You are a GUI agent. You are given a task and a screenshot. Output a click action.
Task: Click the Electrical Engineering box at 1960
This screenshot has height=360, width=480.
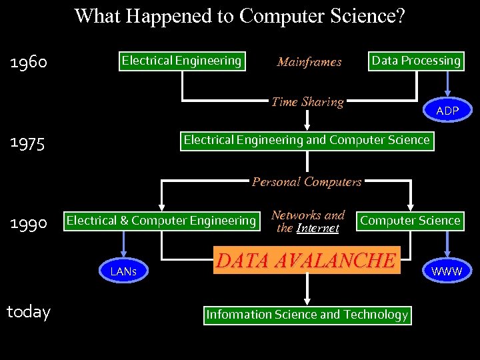[181, 61]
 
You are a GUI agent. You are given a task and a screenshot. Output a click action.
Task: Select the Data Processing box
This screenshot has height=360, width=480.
[416, 61]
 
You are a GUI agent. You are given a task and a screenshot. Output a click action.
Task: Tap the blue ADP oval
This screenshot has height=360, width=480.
[447, 111]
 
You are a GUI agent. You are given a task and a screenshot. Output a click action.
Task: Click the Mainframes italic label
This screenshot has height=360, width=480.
[309, 62]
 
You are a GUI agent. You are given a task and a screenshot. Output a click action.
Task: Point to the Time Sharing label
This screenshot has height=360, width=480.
[307, 102]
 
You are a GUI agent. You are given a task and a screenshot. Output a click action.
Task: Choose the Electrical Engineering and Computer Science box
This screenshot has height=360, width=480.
[307, 140]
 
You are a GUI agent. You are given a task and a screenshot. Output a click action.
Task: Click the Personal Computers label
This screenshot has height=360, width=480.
[307, 181]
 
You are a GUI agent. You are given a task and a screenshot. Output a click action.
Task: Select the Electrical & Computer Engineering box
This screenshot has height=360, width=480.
[161, 221]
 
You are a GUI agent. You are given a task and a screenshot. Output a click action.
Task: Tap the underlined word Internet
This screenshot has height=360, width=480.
[317, 229]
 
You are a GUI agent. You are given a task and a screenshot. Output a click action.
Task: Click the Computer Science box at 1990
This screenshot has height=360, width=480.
[410, 221]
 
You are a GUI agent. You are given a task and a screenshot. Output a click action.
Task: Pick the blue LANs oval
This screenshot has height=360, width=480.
[123, 271]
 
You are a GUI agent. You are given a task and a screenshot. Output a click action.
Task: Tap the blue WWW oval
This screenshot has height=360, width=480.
[447, 271]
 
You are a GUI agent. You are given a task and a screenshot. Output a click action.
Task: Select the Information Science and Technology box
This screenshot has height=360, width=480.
[307, 315]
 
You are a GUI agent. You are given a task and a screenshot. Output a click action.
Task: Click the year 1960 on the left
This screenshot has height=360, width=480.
[29, 63]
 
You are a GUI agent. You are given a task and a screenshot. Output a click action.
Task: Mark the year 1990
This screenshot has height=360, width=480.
[29, 223]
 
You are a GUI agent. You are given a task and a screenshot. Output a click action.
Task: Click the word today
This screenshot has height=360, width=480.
[28, 312]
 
